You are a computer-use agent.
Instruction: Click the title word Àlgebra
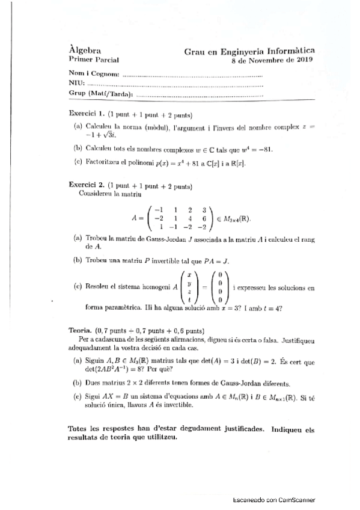(84, 51)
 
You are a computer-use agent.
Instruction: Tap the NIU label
(76, 84)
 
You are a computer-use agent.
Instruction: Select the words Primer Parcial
(94, 61)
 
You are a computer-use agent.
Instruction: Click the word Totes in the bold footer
(81, 430)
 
